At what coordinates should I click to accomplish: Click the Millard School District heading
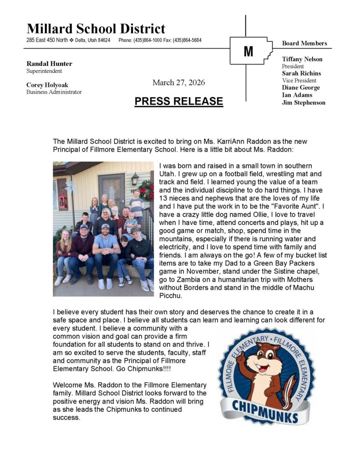click(96, 29)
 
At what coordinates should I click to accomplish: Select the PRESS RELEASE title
click(179, 101)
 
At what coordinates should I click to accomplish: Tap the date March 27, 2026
click(179, 82)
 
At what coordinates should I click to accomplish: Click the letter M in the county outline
click(248, 51)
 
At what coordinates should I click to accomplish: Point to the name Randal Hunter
click(49, 64)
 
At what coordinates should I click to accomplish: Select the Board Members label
click(304, 43)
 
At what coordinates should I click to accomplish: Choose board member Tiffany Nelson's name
click(302, 59)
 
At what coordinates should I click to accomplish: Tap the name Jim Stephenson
click(304, 102)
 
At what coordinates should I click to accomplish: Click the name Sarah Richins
click(301, 73)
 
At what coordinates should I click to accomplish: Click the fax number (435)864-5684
click(187, 40)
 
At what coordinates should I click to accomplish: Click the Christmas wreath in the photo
click(147, 189)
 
